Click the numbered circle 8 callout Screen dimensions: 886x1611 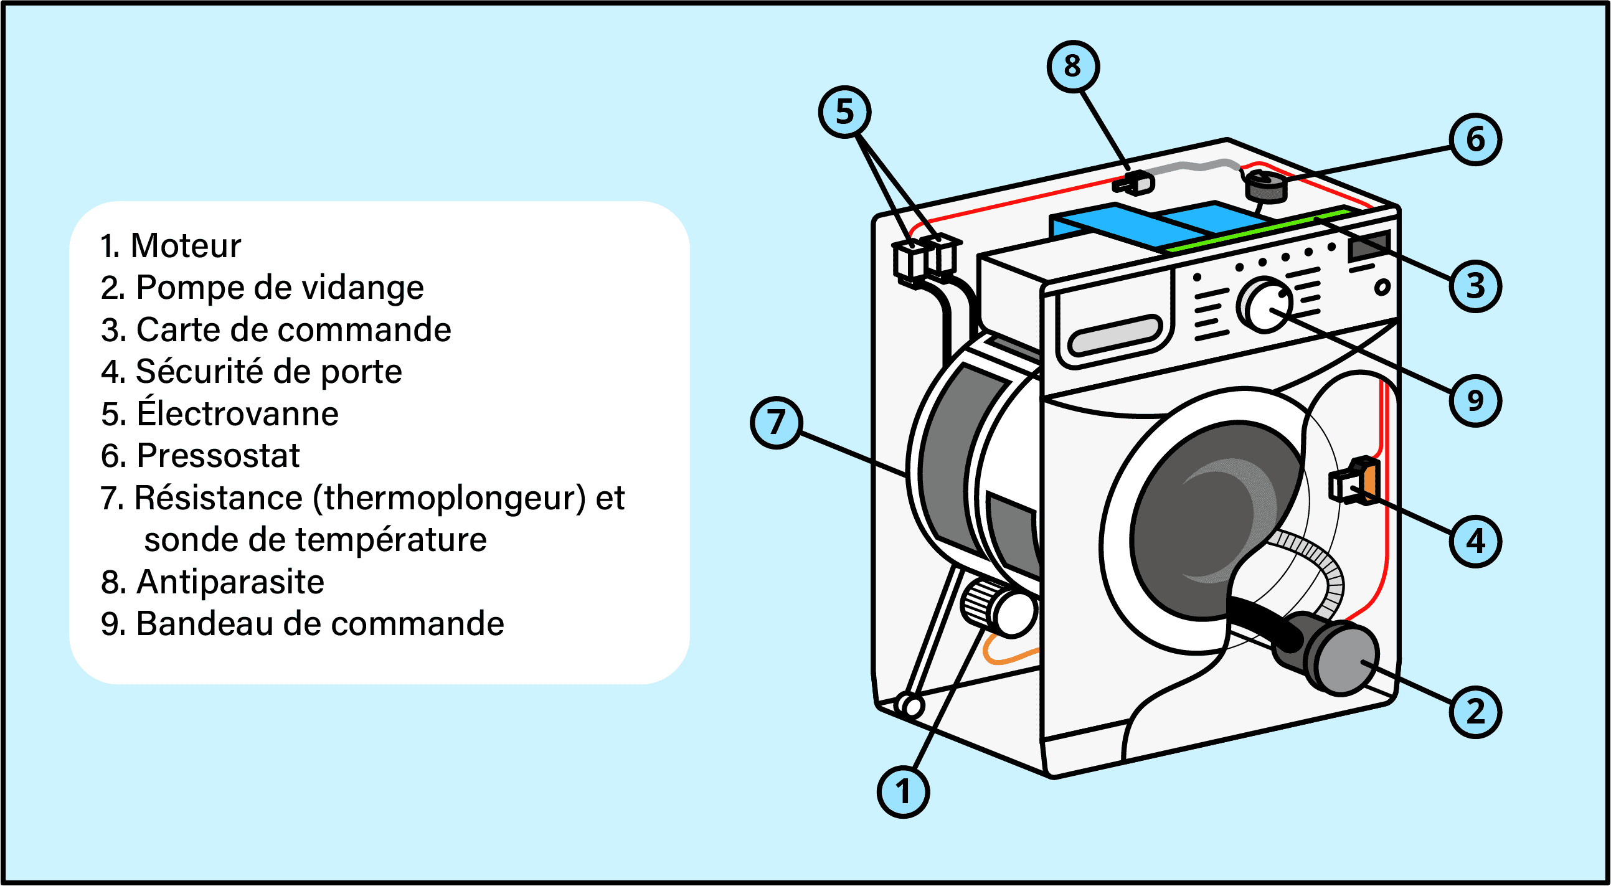[x=1072, y=66]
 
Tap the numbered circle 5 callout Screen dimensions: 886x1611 [x=844, y=112]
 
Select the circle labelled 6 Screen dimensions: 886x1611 [x=1475, y=139]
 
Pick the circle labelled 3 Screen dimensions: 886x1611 [x=1475, y=286]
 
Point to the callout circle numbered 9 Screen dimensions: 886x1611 [x=1475, y=401]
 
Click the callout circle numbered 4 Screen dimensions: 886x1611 [x=1475, y=542]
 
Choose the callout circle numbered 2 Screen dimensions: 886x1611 [x=1475, y=712]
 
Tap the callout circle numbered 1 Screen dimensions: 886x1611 [x=903, y=791]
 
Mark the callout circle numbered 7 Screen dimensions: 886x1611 [x=775, y=422]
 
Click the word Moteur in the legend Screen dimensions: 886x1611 [x=185, y=245]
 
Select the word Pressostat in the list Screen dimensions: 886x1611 [x=217, y=455]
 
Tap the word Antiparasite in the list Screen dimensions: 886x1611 [x=230, y=582]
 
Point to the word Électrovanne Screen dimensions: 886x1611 [x=238, y=414]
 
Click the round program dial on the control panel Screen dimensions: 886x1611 [x=1265, y=306]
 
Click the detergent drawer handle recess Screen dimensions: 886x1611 [x=1115, y=335]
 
